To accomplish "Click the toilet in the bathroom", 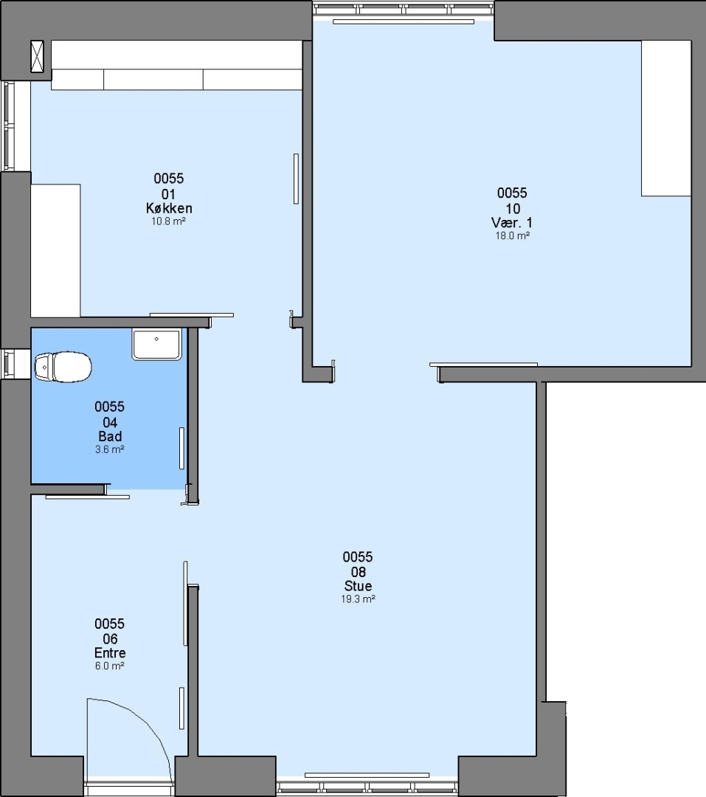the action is [x=63, y=367].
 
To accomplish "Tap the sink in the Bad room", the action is [x=156, y=344].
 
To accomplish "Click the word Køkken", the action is [x=169, y=208].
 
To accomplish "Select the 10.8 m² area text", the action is [x=168, y=221].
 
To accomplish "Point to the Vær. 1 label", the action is [x=512, y=223].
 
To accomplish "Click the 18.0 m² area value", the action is [x=512, y=236].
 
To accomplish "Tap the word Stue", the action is [x=358, y=586].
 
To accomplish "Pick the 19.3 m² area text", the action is [x=358, y=599].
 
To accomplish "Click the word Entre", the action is [x=110, y=652].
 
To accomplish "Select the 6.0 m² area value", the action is [x=110, y=666].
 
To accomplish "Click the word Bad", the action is [x=110, y=436].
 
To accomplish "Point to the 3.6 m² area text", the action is [x=110, y=449].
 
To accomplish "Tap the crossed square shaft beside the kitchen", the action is [x=37, y=56].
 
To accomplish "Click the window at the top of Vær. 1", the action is [x=404, y=9].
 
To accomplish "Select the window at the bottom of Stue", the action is [x=367, y=787].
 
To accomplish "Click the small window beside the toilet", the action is [x=9, y=364].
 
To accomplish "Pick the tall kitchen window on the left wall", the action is [x=9, y=125].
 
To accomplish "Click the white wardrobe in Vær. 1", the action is [x=666, y=118].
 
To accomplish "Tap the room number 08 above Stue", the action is [x=358, y=572].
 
